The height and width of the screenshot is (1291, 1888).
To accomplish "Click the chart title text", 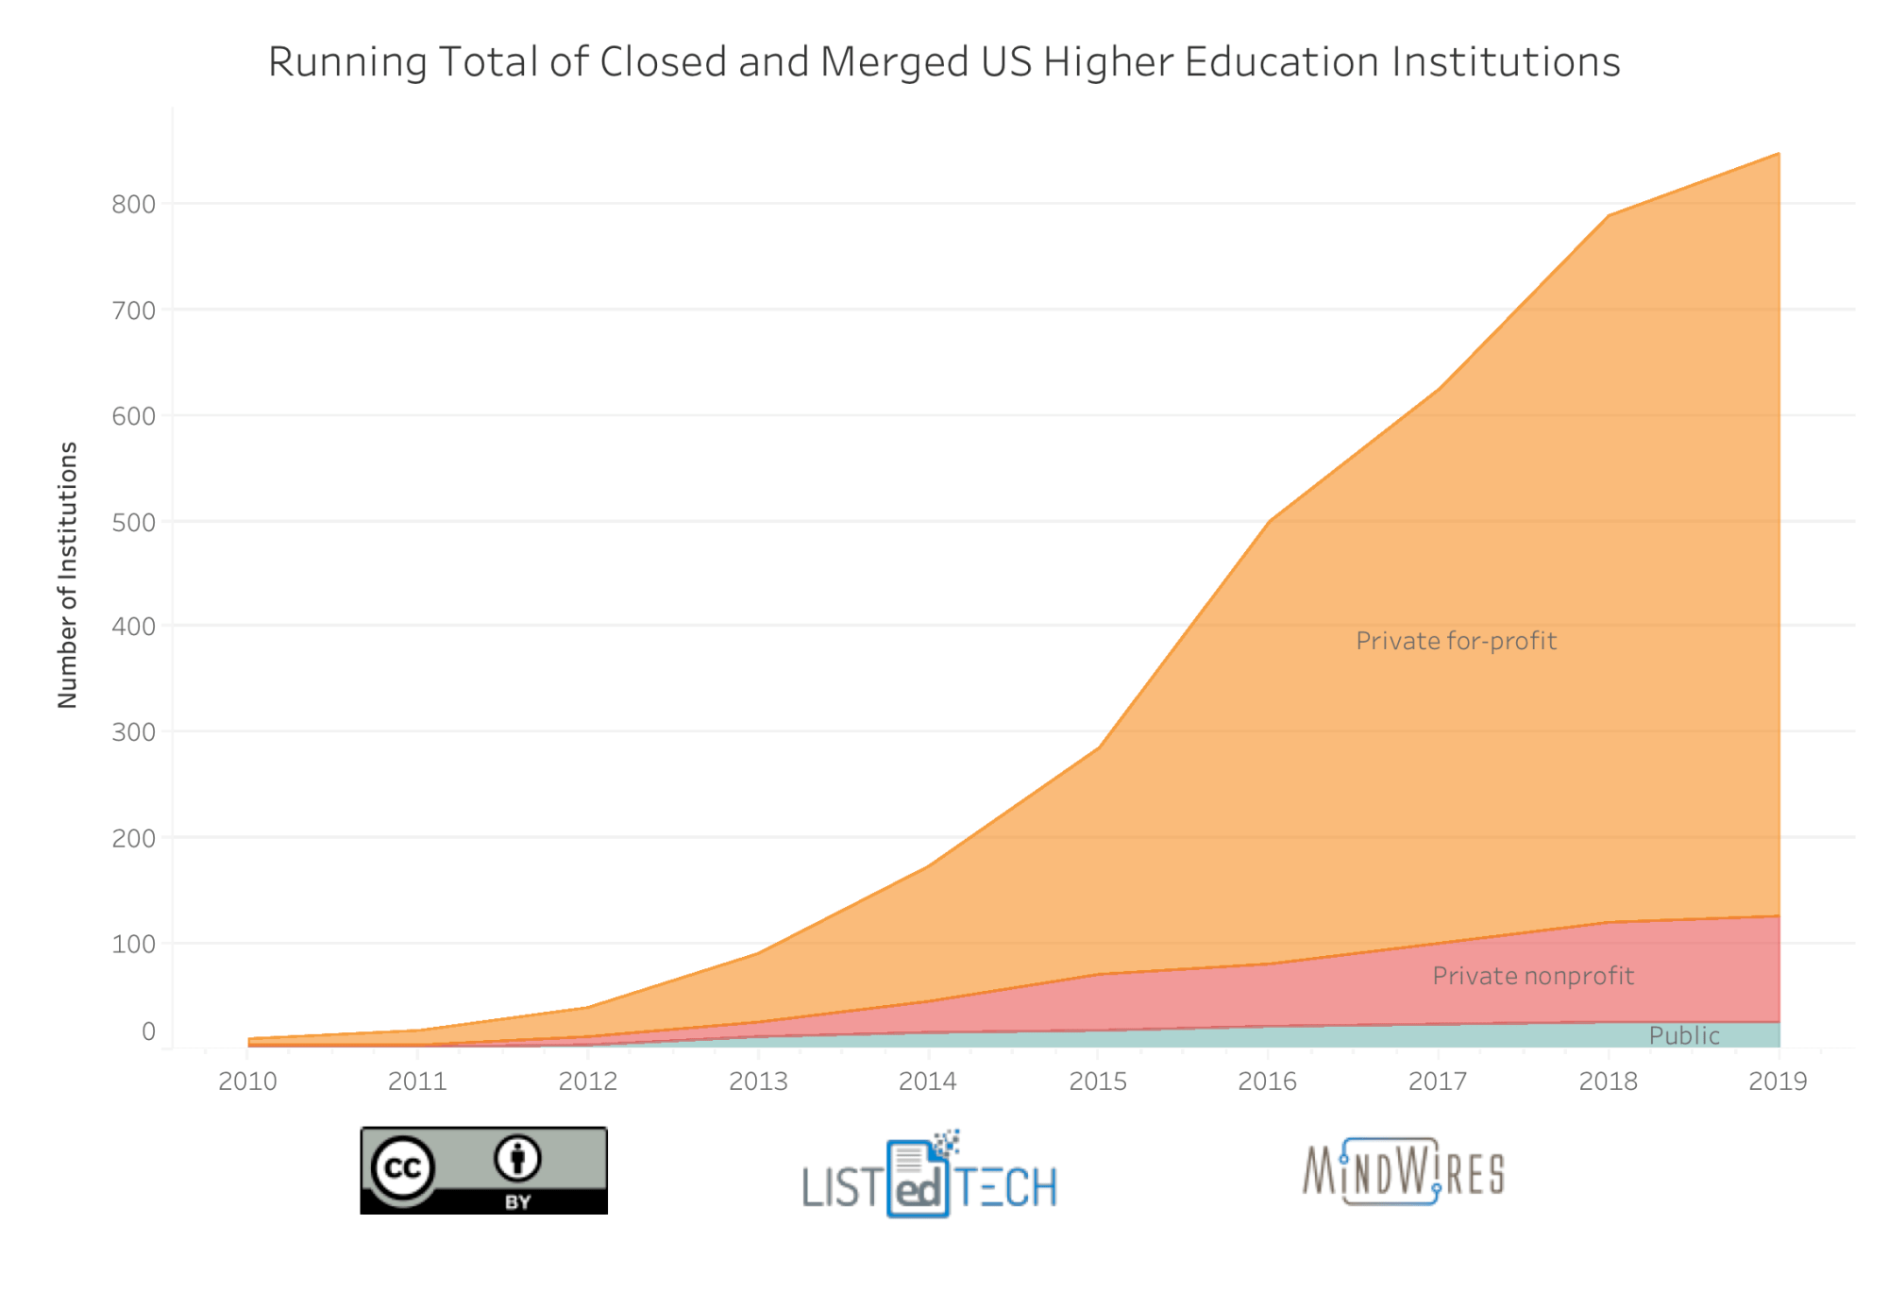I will coord(944,62).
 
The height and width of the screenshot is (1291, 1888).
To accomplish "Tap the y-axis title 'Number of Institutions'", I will coord(68,575).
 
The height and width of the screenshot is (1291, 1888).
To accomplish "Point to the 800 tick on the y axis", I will coord(133,205).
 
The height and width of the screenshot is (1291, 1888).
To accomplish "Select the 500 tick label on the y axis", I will coord(133,523).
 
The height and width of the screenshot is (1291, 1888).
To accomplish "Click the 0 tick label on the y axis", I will coord(148,1031).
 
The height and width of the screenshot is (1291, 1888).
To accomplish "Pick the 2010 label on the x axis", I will coord(247,1081).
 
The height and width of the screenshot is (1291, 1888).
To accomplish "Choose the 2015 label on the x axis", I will coord(1098,1081).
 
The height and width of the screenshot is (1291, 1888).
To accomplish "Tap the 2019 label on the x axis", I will coord(1778,1081).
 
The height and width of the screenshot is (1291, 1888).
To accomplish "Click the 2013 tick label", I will coord(758,1081).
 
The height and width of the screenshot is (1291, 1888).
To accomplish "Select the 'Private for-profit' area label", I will coord(1456,642).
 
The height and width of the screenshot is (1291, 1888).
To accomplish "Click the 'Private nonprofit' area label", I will coord(1532,976).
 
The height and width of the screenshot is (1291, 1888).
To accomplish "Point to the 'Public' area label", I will coord(1684,1036).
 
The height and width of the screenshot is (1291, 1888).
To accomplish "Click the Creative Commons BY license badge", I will coord(483,1170).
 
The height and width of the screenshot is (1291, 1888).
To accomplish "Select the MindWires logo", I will coord(1404,1172).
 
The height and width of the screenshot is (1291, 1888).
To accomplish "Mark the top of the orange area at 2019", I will coord(1778,154).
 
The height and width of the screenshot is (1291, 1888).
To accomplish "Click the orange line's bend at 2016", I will coord(1270,520).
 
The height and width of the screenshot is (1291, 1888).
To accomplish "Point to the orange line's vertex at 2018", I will coord(1609,216).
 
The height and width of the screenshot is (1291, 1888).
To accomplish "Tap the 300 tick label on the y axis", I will coord(133,732).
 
